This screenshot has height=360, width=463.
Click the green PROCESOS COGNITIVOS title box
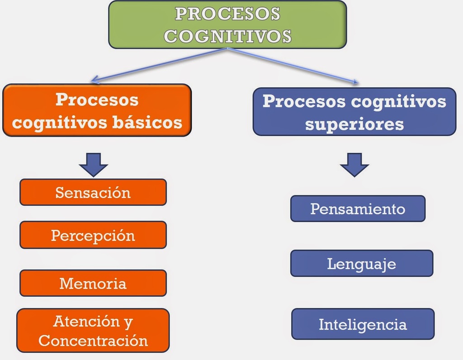(227, 24)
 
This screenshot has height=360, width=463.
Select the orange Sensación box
(93, 192)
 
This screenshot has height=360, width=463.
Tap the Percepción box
(93, 235)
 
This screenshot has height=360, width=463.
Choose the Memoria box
(93, 283)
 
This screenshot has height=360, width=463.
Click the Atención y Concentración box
(93, 331)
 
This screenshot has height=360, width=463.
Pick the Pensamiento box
(358, 208)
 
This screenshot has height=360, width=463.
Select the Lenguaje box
(361, 263)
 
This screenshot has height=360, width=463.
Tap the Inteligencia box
(363, 324)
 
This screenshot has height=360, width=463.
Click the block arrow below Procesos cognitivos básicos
(93, 164)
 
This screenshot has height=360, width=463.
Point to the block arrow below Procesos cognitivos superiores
(354, 164)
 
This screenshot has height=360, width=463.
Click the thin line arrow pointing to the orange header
(158, 66)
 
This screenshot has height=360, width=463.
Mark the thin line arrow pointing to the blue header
(294, 66)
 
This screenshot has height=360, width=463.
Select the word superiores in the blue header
(354, 123)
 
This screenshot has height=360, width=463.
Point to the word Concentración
(93, 340)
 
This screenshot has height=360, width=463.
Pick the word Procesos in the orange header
(97, 99)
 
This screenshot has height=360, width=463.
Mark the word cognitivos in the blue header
(398, 101)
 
